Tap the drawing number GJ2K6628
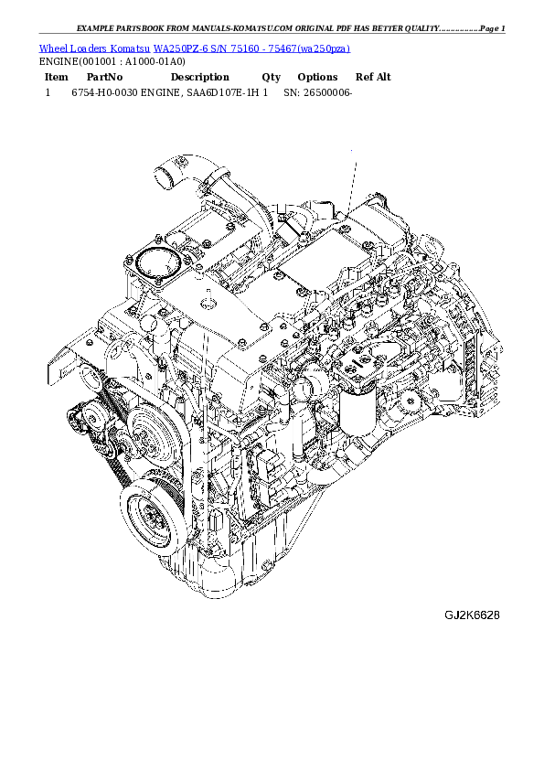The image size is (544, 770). click(472, 615)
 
